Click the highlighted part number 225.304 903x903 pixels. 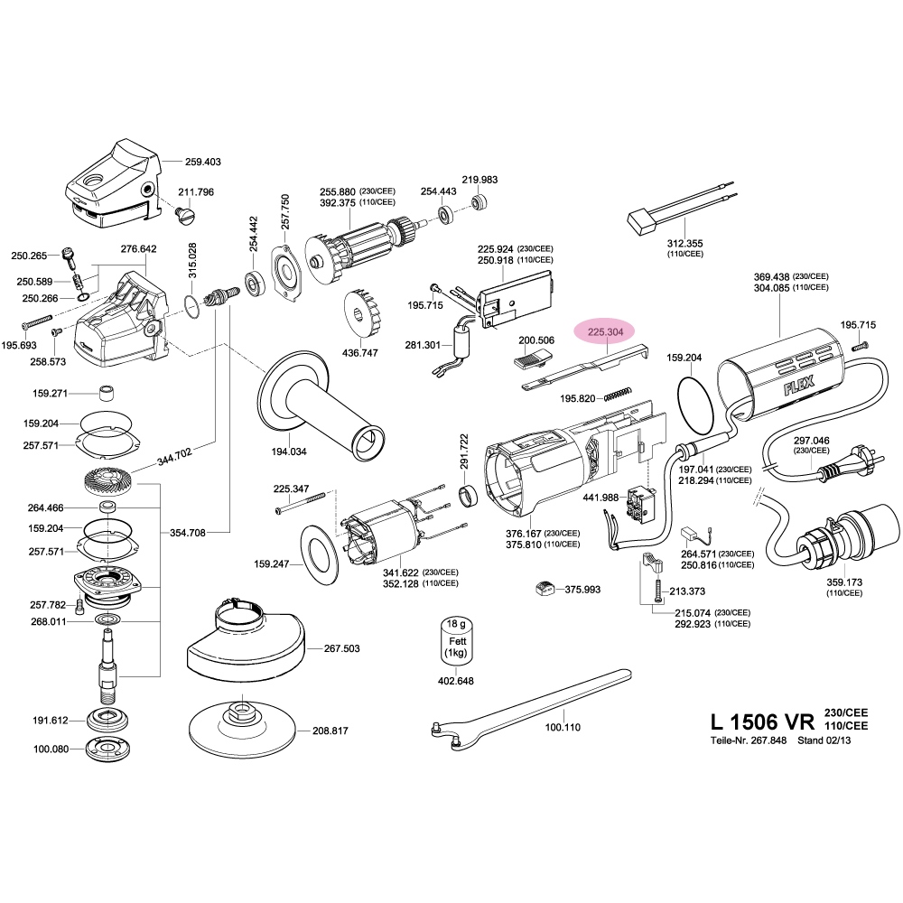tap(605, 331)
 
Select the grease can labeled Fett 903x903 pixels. tap(455, 642)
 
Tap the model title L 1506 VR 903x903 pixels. tap(763, 722)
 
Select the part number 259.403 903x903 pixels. tap(202, 162)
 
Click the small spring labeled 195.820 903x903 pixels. tap(615, 393)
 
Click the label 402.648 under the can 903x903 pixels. tap(455, 681)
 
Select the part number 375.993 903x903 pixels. tap(582, 590)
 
